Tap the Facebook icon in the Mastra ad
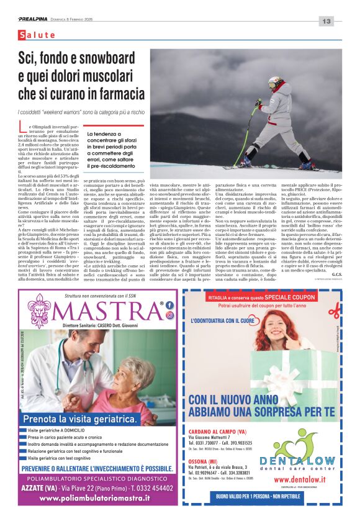pos(168,304)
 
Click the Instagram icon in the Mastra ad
pos(168,314)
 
